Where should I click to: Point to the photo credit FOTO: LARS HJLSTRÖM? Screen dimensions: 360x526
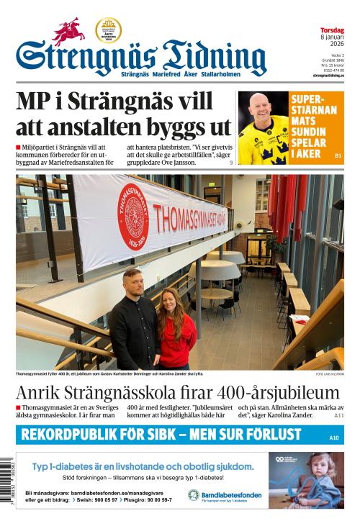330,374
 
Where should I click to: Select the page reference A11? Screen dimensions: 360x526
338,416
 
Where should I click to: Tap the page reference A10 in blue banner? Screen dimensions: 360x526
333,437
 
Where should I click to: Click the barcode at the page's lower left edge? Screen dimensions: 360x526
6,490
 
